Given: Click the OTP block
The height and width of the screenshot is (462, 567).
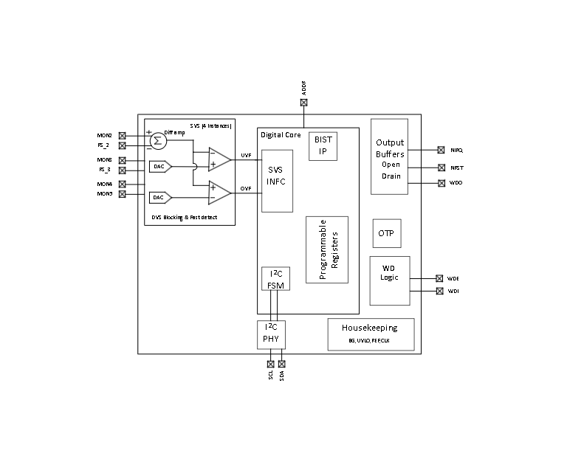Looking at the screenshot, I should coord(386,233).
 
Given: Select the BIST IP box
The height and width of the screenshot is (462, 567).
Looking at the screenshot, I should coord(323,146).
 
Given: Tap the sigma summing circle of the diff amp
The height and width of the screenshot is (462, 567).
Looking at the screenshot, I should coord(157,141).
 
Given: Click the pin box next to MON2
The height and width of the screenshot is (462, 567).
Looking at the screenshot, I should coord(123,136).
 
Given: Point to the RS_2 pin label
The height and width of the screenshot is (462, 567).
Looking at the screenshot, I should coord(104,146).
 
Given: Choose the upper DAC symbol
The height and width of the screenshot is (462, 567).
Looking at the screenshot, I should coord(159,166).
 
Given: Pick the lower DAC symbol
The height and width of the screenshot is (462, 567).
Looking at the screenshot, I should coord(159,197).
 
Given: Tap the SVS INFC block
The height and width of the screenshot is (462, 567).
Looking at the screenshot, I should coord(277,180).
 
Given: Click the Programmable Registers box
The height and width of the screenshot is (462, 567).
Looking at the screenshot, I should coord(327,250).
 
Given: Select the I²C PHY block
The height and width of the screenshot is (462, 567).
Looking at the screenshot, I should coord(270,334).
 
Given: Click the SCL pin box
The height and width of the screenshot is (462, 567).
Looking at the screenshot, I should coord(270,364).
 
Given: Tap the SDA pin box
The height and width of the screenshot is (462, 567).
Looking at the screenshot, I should coord(281,364).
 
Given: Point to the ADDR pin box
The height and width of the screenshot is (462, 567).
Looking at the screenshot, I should coord(303,103).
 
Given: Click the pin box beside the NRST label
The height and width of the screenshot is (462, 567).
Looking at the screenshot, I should coord(441,168).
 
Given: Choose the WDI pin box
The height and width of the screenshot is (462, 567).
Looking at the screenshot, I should coord(439,291).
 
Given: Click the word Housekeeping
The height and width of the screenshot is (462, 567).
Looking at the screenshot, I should coord(369,327).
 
